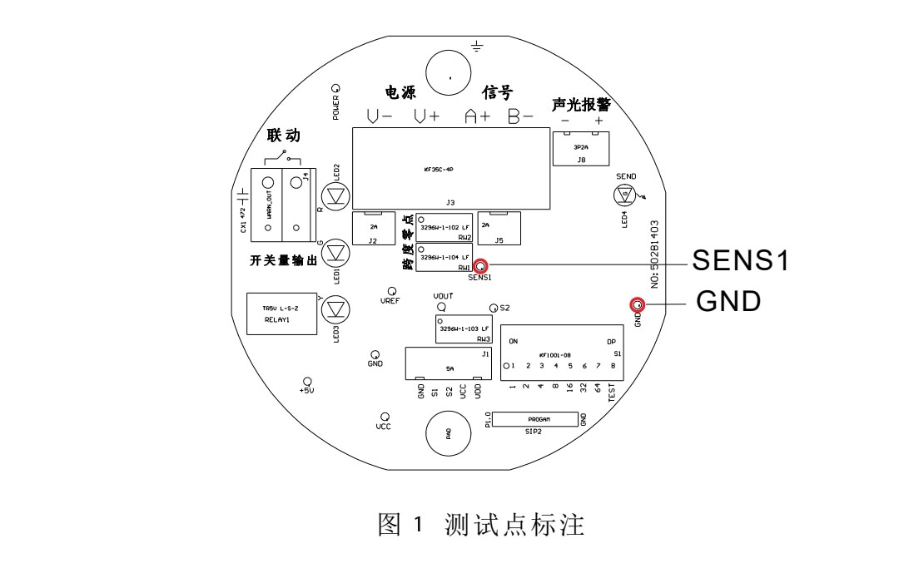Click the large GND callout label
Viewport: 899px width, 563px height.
coord(728,301)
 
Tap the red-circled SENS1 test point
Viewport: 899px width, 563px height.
coord(480,266)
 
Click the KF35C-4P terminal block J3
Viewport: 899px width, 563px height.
coord(450,169)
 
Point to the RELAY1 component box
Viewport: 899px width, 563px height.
coord(281,314)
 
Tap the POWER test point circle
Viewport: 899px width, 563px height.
coord(335,87)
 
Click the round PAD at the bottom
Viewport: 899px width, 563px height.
coord(449,434)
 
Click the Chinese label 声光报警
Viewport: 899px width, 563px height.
coord(581,105)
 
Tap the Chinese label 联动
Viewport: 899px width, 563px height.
coord(283,136)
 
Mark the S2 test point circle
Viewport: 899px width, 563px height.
coord(494,308)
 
